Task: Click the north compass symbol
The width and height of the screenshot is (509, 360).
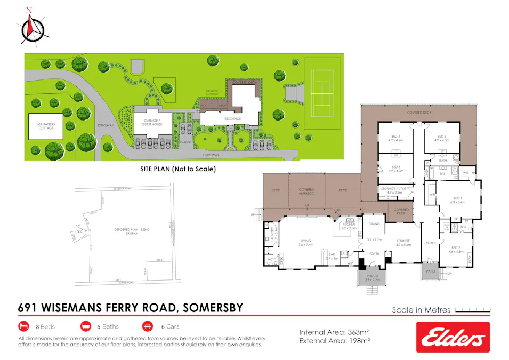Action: point(33,27)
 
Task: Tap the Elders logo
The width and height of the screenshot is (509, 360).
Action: point(453,337)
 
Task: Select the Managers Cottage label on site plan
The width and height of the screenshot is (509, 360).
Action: point(46,127)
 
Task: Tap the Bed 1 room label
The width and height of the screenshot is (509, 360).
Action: point(458,201)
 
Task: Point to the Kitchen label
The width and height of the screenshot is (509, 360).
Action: point(349,227)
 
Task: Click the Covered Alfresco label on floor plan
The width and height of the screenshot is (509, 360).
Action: point(306,192)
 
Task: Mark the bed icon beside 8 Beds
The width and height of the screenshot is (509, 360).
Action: point(23,326)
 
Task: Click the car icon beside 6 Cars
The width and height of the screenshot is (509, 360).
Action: point(147,326)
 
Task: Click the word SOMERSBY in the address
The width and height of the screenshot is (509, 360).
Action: point(212,308)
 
